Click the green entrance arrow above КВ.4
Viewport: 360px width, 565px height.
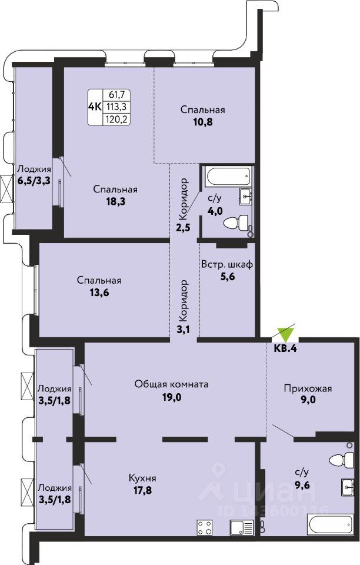(x=286, y=335)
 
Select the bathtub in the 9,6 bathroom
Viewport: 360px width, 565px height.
(x=329, y=525)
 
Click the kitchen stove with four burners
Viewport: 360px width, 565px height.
(x=205, y=527)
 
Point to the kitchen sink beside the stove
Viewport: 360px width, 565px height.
(x=242, y=527)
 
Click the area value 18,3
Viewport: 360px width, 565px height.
(x=115, y=201)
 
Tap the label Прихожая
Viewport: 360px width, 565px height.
(x=308, y=388)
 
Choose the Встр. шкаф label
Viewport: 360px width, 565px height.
(x=227, y=264)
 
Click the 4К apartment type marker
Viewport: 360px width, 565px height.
(x=95, y=107)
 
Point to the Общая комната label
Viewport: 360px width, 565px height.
(x=171, y=384)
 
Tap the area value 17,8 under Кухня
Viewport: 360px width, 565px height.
(x=142, y=490)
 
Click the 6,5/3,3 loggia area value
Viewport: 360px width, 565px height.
(x=34, y=180)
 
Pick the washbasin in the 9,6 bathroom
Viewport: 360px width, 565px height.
(x=348, y=488)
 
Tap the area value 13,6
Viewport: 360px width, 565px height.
(x=99, y=293)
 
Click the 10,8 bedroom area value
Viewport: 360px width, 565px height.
(x=203, y=122)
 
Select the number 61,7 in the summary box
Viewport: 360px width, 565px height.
(x=116, y=95)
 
